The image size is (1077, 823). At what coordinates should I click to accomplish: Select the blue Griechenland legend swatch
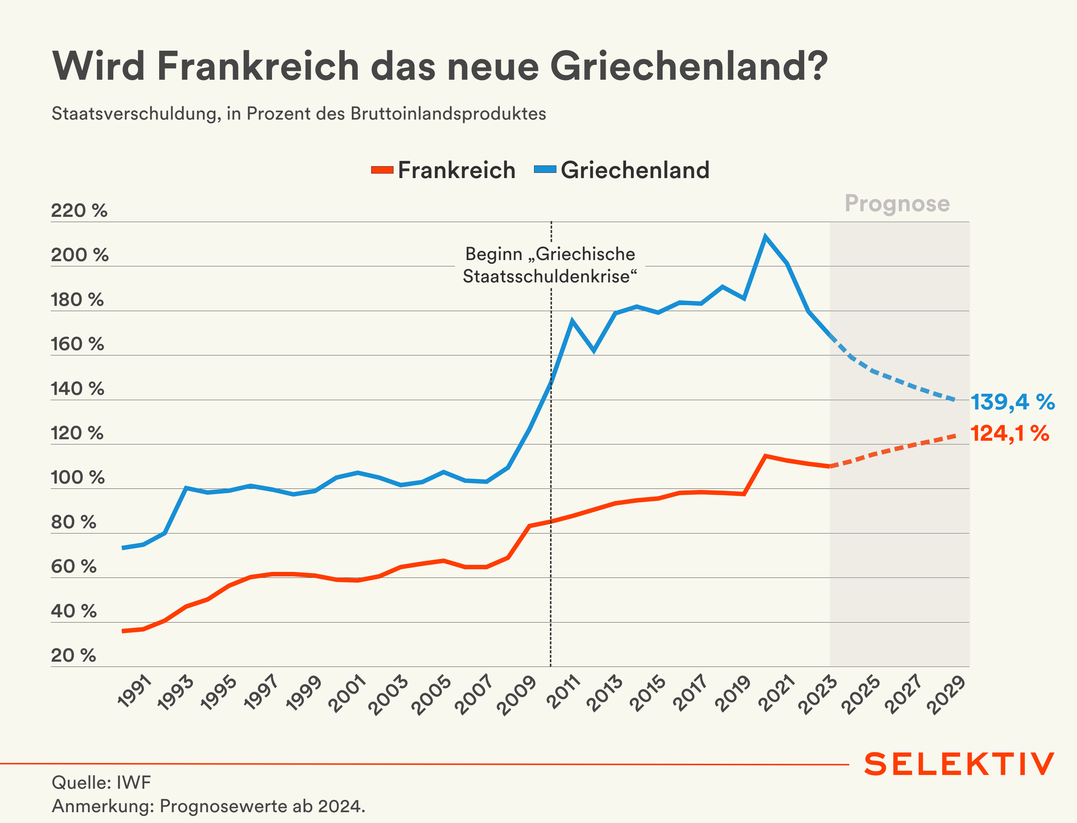[545, 170]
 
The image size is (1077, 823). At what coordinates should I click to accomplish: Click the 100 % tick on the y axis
[78, 478]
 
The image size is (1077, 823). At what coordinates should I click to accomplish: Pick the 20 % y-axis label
[73, 655]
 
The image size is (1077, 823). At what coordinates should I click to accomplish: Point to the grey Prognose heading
[897, 203]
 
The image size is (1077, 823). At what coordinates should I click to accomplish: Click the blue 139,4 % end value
[1012, 402]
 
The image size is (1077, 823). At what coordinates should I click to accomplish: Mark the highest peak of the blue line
[765, 237]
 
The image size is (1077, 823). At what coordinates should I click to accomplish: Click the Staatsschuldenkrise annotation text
[550, 277]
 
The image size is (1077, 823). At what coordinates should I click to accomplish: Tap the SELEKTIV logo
[959, 764]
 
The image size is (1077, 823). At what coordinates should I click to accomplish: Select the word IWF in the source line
[133, 783]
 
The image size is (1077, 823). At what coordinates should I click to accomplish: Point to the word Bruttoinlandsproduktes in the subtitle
[448, 114]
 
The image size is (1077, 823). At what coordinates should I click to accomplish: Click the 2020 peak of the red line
[765, 456]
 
